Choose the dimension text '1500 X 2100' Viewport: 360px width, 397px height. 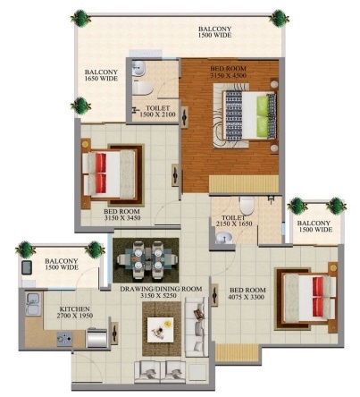[x=158, y=116]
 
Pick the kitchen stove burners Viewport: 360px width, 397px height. [x=66, y=338]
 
